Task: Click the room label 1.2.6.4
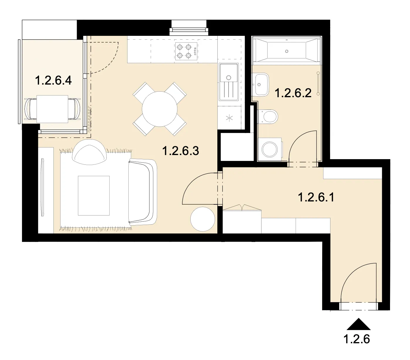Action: point(53,80)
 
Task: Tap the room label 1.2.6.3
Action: point(181,151)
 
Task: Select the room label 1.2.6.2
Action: point(293,93)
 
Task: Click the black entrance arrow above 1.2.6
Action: point(359,324)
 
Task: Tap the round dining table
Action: point(159,109)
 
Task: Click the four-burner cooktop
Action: point(186,51)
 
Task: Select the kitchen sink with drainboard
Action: point(228,82)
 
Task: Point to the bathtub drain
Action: point(287,51)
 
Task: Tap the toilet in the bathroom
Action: point(268,117)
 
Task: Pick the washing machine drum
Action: point(269,149)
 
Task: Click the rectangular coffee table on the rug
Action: point(94,196)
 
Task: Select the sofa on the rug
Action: point(143,192)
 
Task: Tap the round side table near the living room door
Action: point(202,219)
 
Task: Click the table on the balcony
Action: point(52,109)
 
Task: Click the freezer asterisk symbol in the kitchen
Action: point(229,118)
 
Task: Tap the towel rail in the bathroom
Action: point(318,83)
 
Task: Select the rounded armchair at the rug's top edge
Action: point(90,152)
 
